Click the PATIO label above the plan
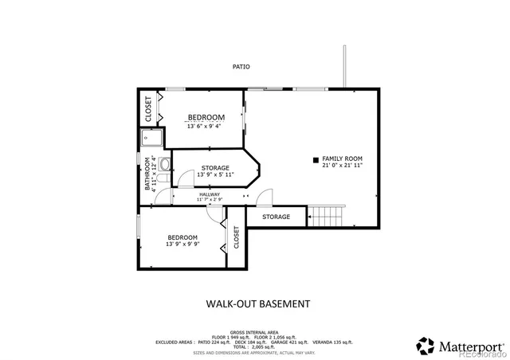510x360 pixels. pyautogui.click(x=241, y=67)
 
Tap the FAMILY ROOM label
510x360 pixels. pyautogui.click(x=343, y=158)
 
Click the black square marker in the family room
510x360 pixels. pyautogui.click(x=316, y=158)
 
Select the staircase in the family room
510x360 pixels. pyautogui.click(x=325, y=215)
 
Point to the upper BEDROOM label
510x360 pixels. pyautogui.click(x=206, y=118)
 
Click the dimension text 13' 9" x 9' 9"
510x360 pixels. pyautogui.click(x=182, y=244)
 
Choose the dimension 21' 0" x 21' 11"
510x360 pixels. pyautogui.click(x=343, y=166)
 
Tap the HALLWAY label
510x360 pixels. pyautogui.click(x=210, y=194)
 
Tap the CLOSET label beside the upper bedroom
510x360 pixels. pyautogui.click(x=148, y=109)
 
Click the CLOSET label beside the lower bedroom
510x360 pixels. pyautogui.click(x=237, y=237)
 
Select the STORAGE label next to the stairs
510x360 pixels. pyautogui.click(x=277, y=217)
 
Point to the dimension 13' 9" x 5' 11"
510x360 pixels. pyautogui.click(x=214, y=175)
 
